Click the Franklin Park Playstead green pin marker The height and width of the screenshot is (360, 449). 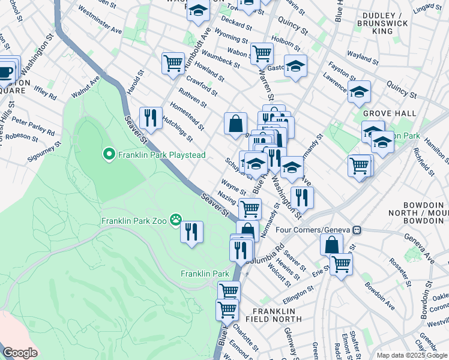109,155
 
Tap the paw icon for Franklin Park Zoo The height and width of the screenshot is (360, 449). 175,220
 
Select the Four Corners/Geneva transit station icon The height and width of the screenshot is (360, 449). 357,230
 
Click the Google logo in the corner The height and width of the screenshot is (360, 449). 20,353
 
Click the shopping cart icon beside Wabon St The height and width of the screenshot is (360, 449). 262,53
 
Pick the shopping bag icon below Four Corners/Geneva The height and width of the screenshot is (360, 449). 331,244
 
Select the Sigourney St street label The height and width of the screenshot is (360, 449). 44,152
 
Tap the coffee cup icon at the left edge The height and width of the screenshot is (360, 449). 6,71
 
